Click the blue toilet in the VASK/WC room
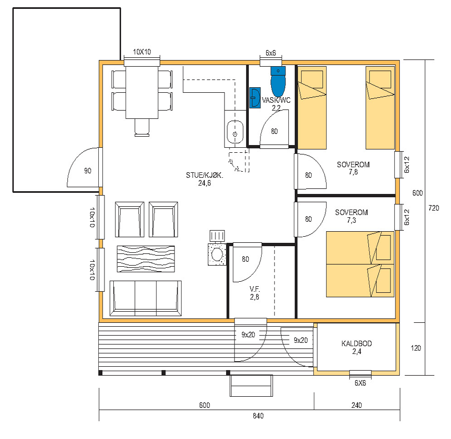(x=278, y=82)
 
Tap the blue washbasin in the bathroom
(x=255, y=98)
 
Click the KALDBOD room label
(x=357, y=343)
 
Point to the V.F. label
(x=254, y=289)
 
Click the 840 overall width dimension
(x=258, y=416)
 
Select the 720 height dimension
(x=434, y=208)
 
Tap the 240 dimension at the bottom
(x=357, y=405)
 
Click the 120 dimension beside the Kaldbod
(x=415, y=348)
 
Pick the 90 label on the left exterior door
(x=88, y=171)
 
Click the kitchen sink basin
(x=235, y=132)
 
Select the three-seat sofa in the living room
(x=146, y=298)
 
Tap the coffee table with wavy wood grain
(x=146, y=259)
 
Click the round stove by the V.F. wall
(x=217, y=255)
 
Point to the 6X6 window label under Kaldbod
(x=360, y=383)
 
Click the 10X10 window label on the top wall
(x=142, y=52)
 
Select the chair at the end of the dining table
(x=142, y=127)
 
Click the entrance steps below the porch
(x=251, y=386)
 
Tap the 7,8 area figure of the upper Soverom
(x=353, y=172)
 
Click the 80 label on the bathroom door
(x=274, y=132)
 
